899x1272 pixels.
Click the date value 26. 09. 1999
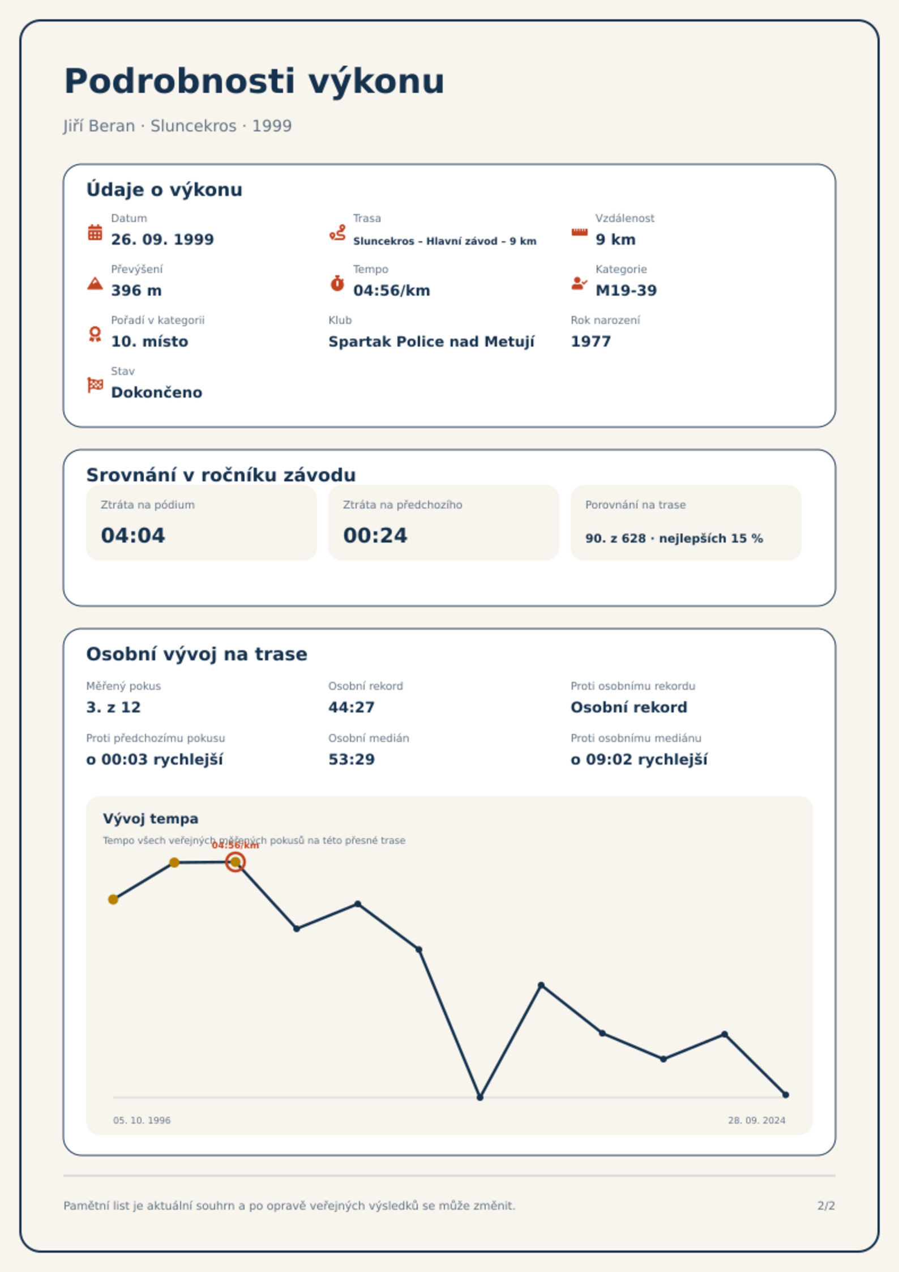tap(162, 240)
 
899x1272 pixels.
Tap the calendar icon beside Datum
tap(95, 233)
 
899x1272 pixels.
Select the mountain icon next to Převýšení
tap(95, 284)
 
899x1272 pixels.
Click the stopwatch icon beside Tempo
tap(337, 283)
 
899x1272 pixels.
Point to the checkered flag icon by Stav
tap(95, 385)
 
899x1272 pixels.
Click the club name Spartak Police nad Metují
tap(431, 342)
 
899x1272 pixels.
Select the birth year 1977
tap(591, 342)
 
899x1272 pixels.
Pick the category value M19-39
tap(626, 291)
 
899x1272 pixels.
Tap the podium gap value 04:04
tap(133, 535)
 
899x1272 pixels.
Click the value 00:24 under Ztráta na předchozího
tap(375, 535)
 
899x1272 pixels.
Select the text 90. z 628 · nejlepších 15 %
tap(674, 539)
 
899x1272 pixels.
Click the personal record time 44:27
tap(352, 707)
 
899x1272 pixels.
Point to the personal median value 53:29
tap(352, 759)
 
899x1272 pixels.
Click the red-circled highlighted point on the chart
tap(236, 862)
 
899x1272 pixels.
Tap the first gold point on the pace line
tap(113, 899)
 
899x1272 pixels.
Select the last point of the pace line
tap(786, 1095)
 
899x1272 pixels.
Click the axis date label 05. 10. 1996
tap(142, 1120)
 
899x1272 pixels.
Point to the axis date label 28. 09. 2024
tap(757, 1120)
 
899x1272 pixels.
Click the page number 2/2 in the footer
tap(827, 1206)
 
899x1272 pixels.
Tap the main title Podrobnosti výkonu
tap(255, 81)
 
